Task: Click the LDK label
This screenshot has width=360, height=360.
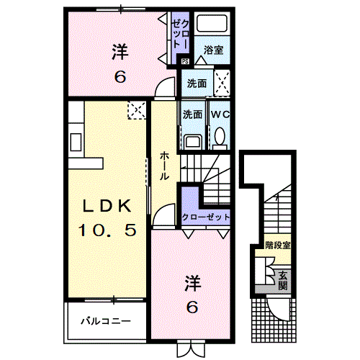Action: [x=107, y=205]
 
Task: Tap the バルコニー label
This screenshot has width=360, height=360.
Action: [x=105, y=320]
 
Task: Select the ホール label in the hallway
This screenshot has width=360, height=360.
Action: [x=165, y=165]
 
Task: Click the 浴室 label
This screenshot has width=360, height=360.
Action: [x=213, y=50]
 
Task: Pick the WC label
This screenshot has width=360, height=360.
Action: [x=218, y=114]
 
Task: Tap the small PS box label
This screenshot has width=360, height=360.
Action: [x=184, y=61]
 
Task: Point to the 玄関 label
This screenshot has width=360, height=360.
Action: [x=284, y=279]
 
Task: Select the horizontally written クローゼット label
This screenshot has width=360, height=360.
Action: [x=205, y=216]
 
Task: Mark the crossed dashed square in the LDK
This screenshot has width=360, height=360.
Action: [x=137, y=110]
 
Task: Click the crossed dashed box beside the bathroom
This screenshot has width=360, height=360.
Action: [x=222, y=81]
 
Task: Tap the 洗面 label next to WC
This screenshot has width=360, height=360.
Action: [x=192, y=114]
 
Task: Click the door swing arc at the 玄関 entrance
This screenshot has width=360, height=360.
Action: [x=276, y=307]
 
